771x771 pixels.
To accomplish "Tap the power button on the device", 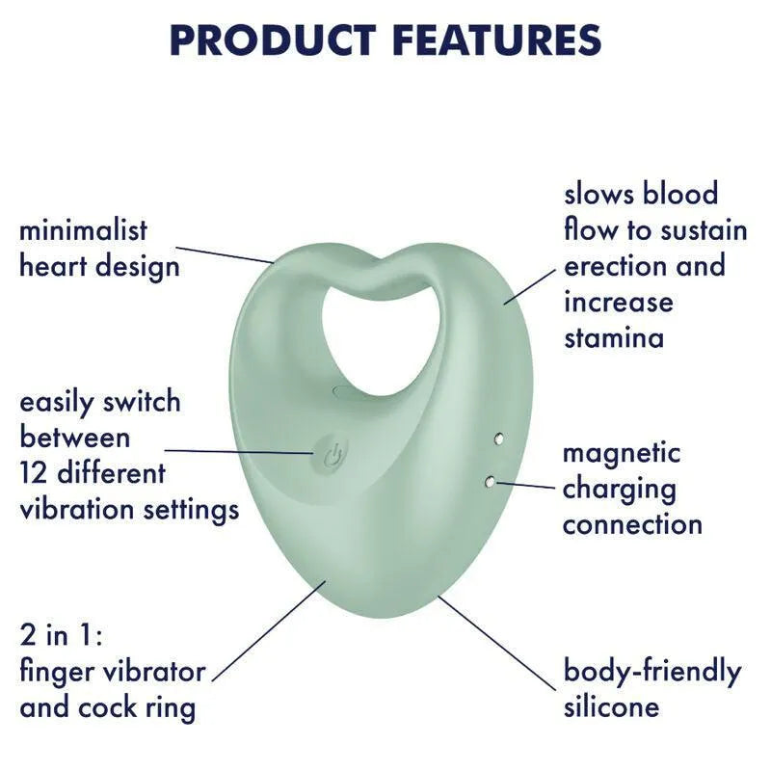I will pos(330,453).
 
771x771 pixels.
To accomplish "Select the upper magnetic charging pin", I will pos(496,440).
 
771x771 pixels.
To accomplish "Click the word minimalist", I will pos(84,230).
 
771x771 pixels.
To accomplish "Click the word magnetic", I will pos(622,452).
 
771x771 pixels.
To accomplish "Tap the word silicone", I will pos(611,706).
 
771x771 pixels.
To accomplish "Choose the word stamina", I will pos(614,338).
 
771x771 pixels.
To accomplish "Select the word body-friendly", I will pos(652,671).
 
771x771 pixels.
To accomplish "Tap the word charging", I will pos(620,489).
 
